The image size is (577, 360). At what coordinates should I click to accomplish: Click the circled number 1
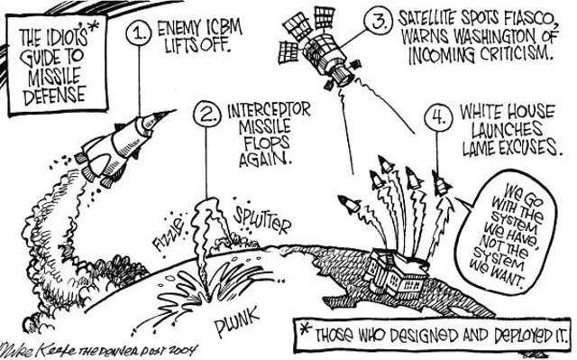139,34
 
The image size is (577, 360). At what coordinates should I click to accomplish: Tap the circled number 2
208,115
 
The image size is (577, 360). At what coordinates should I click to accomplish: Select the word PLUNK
238,325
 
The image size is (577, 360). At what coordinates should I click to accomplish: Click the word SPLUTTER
262,217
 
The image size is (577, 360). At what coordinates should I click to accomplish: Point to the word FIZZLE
169,219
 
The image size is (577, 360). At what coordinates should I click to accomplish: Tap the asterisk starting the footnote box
307,328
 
